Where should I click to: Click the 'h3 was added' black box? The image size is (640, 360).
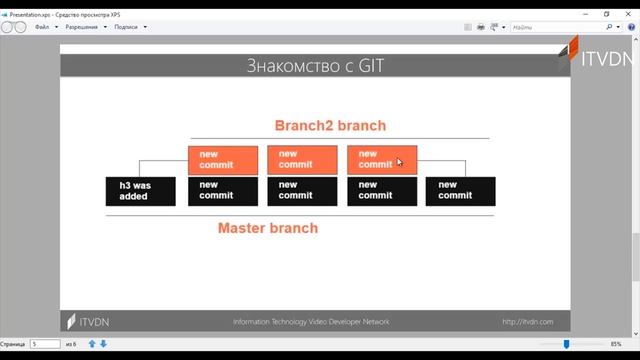pyautogui.click(x=140, y=190)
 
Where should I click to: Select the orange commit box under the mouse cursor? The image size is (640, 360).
pyautogui.click(x=381, y=160)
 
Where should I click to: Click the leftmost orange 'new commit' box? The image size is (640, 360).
pyautogui.click(x=222, y=160)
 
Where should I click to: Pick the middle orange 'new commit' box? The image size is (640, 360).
pyautogui.click(x=302, y=160)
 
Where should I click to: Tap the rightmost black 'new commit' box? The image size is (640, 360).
pyautogui.click(x=460, y=190)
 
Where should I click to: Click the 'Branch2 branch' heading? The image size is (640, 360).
pyautogui.click(x=330, y=125)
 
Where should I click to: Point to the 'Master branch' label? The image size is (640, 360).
pyautogui.click(x=268, y=228)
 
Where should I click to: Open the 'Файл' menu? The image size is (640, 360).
pyautogui.click(x=42, y=28)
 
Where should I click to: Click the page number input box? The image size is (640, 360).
pyautogui.click(x=45, y=344)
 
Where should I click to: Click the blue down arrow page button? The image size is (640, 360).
pyautogui.click(x=103, y=344)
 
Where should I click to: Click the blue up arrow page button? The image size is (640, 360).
pyautogui.click(x=92, y=344)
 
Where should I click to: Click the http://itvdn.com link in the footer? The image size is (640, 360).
pyautogui.click(x=527, y=321)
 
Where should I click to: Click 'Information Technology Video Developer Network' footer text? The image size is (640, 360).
pyautogui.click(x=311, y=321)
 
